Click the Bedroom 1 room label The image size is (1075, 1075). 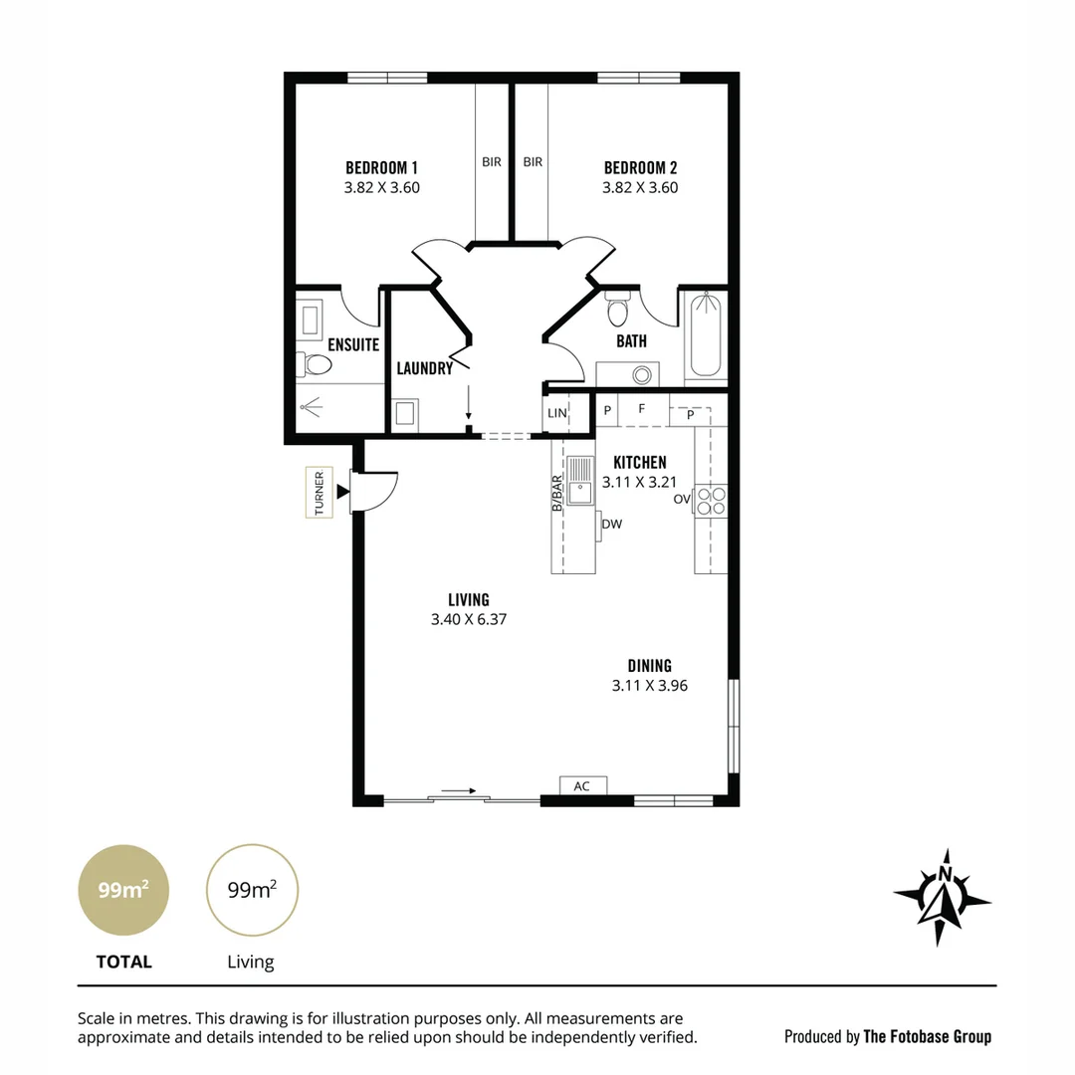click(x=381, y=167)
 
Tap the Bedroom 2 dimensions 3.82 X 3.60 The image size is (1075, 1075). click(x=640, y=187)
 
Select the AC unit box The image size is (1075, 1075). click(x=582, y=786)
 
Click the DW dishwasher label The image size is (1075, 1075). click(x=611, y=524)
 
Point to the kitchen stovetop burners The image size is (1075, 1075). click(x=712, y=500)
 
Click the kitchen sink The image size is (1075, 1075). click(x=579, y=482)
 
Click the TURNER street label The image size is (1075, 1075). click(x=320, y=493)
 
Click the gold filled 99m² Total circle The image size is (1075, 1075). click(x=123, y=890)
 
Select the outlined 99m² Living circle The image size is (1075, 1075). click(x=252, y=890)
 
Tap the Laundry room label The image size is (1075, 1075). click(x=424, y=368)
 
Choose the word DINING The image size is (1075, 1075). click(x=649, y=666)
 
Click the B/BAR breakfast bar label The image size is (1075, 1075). click(x=557, y=494)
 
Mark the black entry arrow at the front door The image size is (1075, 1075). click(x=343, y=491)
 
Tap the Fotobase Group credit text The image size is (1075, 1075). click(x=888, y=1036)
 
